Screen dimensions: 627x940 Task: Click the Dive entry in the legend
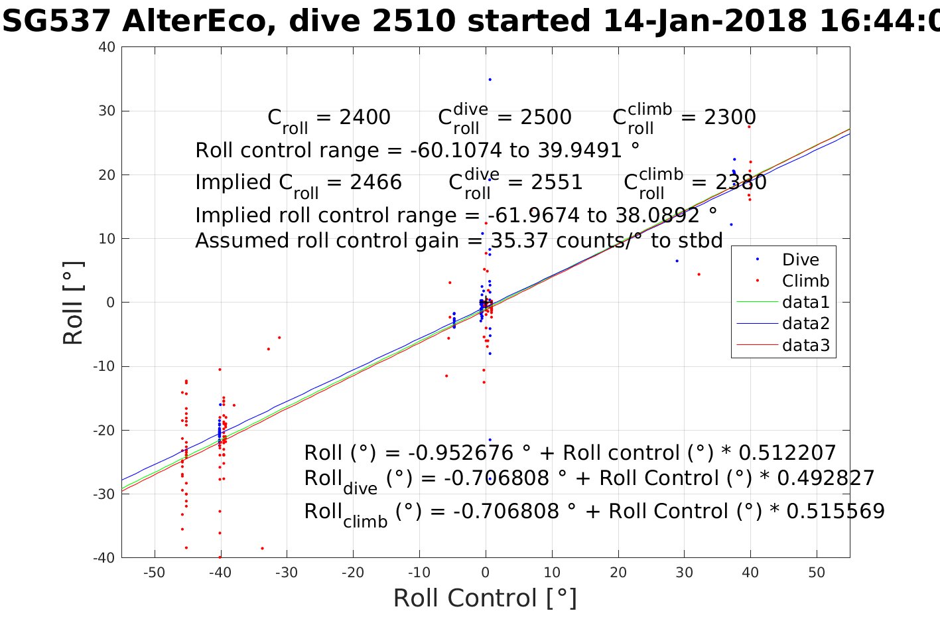click(x=800, y=259)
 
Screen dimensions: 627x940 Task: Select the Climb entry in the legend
click(x=805, y=281)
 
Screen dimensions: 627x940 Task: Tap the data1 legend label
click(x=805, y=303)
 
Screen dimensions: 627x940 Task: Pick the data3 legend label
click(x=805, y=345)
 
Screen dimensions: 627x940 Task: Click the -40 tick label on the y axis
click(x=105, y=558)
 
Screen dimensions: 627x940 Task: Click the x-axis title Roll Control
click(x=485, y=598)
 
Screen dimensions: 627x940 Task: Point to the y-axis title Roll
click(x=74, y=303)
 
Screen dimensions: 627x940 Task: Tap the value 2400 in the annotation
click(x=365, y=117)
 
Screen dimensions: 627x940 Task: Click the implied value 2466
click(x=376, y=182)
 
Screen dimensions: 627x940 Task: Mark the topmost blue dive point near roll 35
click(x=490, y=80)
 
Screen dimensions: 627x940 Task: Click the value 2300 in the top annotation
click(x=730, y=117)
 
